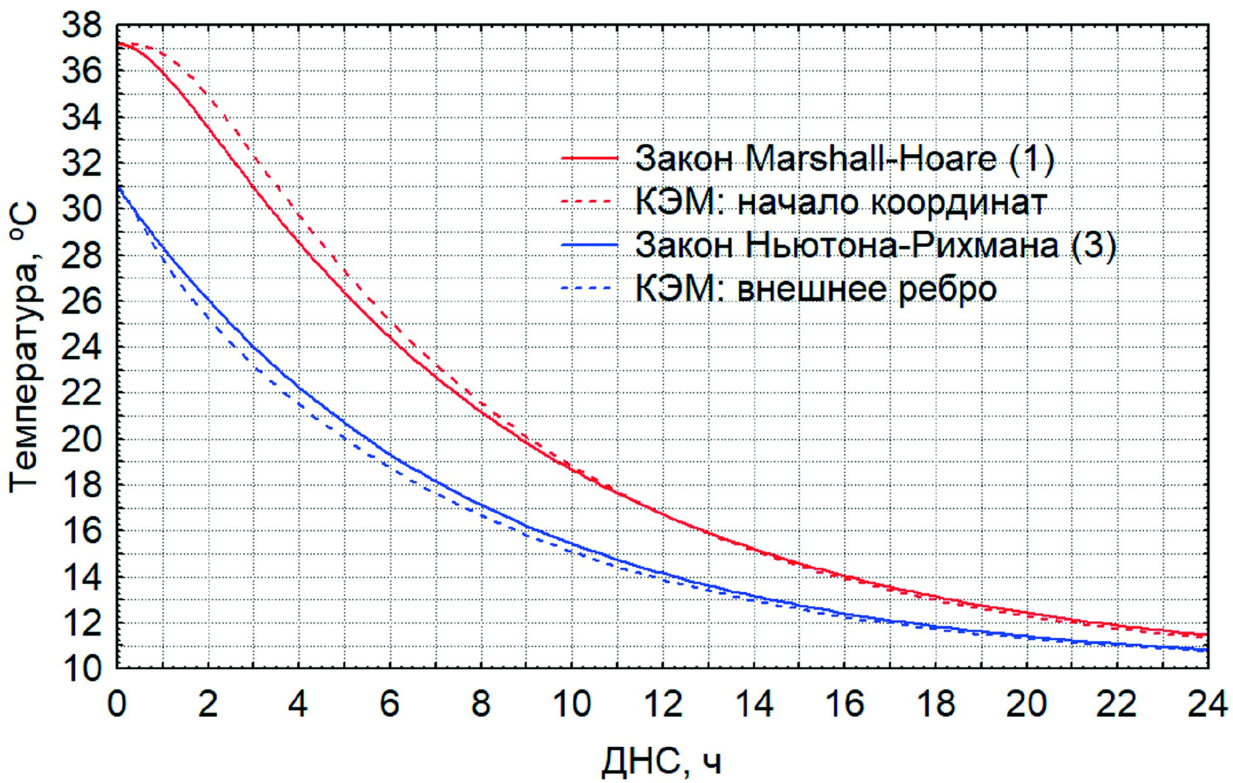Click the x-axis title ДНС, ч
[x=661, y=761]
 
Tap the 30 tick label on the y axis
[x=82, y=209]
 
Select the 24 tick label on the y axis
[x=82, y=347]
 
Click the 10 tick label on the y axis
[x=82, y=668]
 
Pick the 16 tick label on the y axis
[x=82, y=531]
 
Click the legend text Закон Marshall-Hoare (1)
[x=844, y=158]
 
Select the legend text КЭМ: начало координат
[x=841, y=202]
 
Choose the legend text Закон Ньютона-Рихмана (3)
[x=876, y=245]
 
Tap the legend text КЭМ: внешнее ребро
[x=816, y=289]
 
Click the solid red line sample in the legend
[x=589, y=158]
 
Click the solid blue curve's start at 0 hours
[x=118, y=187]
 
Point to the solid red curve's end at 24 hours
[x=1206, y=634]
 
